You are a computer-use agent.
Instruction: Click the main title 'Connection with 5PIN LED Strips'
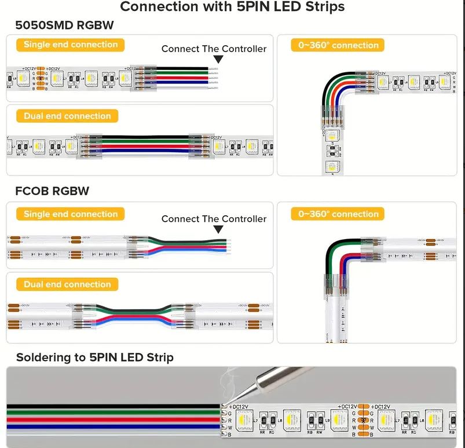[x=232, y=7]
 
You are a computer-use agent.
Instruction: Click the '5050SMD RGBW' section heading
[x=65, y=25]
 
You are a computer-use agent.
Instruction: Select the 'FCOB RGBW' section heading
[x=53, y=190]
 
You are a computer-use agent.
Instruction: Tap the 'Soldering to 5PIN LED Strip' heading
[x=94, y=357]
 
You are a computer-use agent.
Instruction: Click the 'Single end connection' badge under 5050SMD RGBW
[x=71, y=45]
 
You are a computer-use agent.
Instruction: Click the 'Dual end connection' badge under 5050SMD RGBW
[x=67, y=116]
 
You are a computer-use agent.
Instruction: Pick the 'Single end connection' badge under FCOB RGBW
[x=71, y=214]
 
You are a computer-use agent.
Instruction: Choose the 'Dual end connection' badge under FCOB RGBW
[x=67, y=284]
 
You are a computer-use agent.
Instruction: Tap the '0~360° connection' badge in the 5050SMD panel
[x=338, y=45]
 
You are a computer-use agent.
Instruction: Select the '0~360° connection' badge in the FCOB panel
[x=338, y=214]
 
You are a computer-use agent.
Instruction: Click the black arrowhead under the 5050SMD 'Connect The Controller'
[x=215, y=59]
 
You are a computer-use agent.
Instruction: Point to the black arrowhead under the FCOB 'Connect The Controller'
[x=215, y=229]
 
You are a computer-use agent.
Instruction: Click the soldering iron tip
[x=227, y=400]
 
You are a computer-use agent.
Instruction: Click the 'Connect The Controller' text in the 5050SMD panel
[x=214, y=49]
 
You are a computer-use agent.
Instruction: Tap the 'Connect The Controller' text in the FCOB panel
[x=214, y=219]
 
